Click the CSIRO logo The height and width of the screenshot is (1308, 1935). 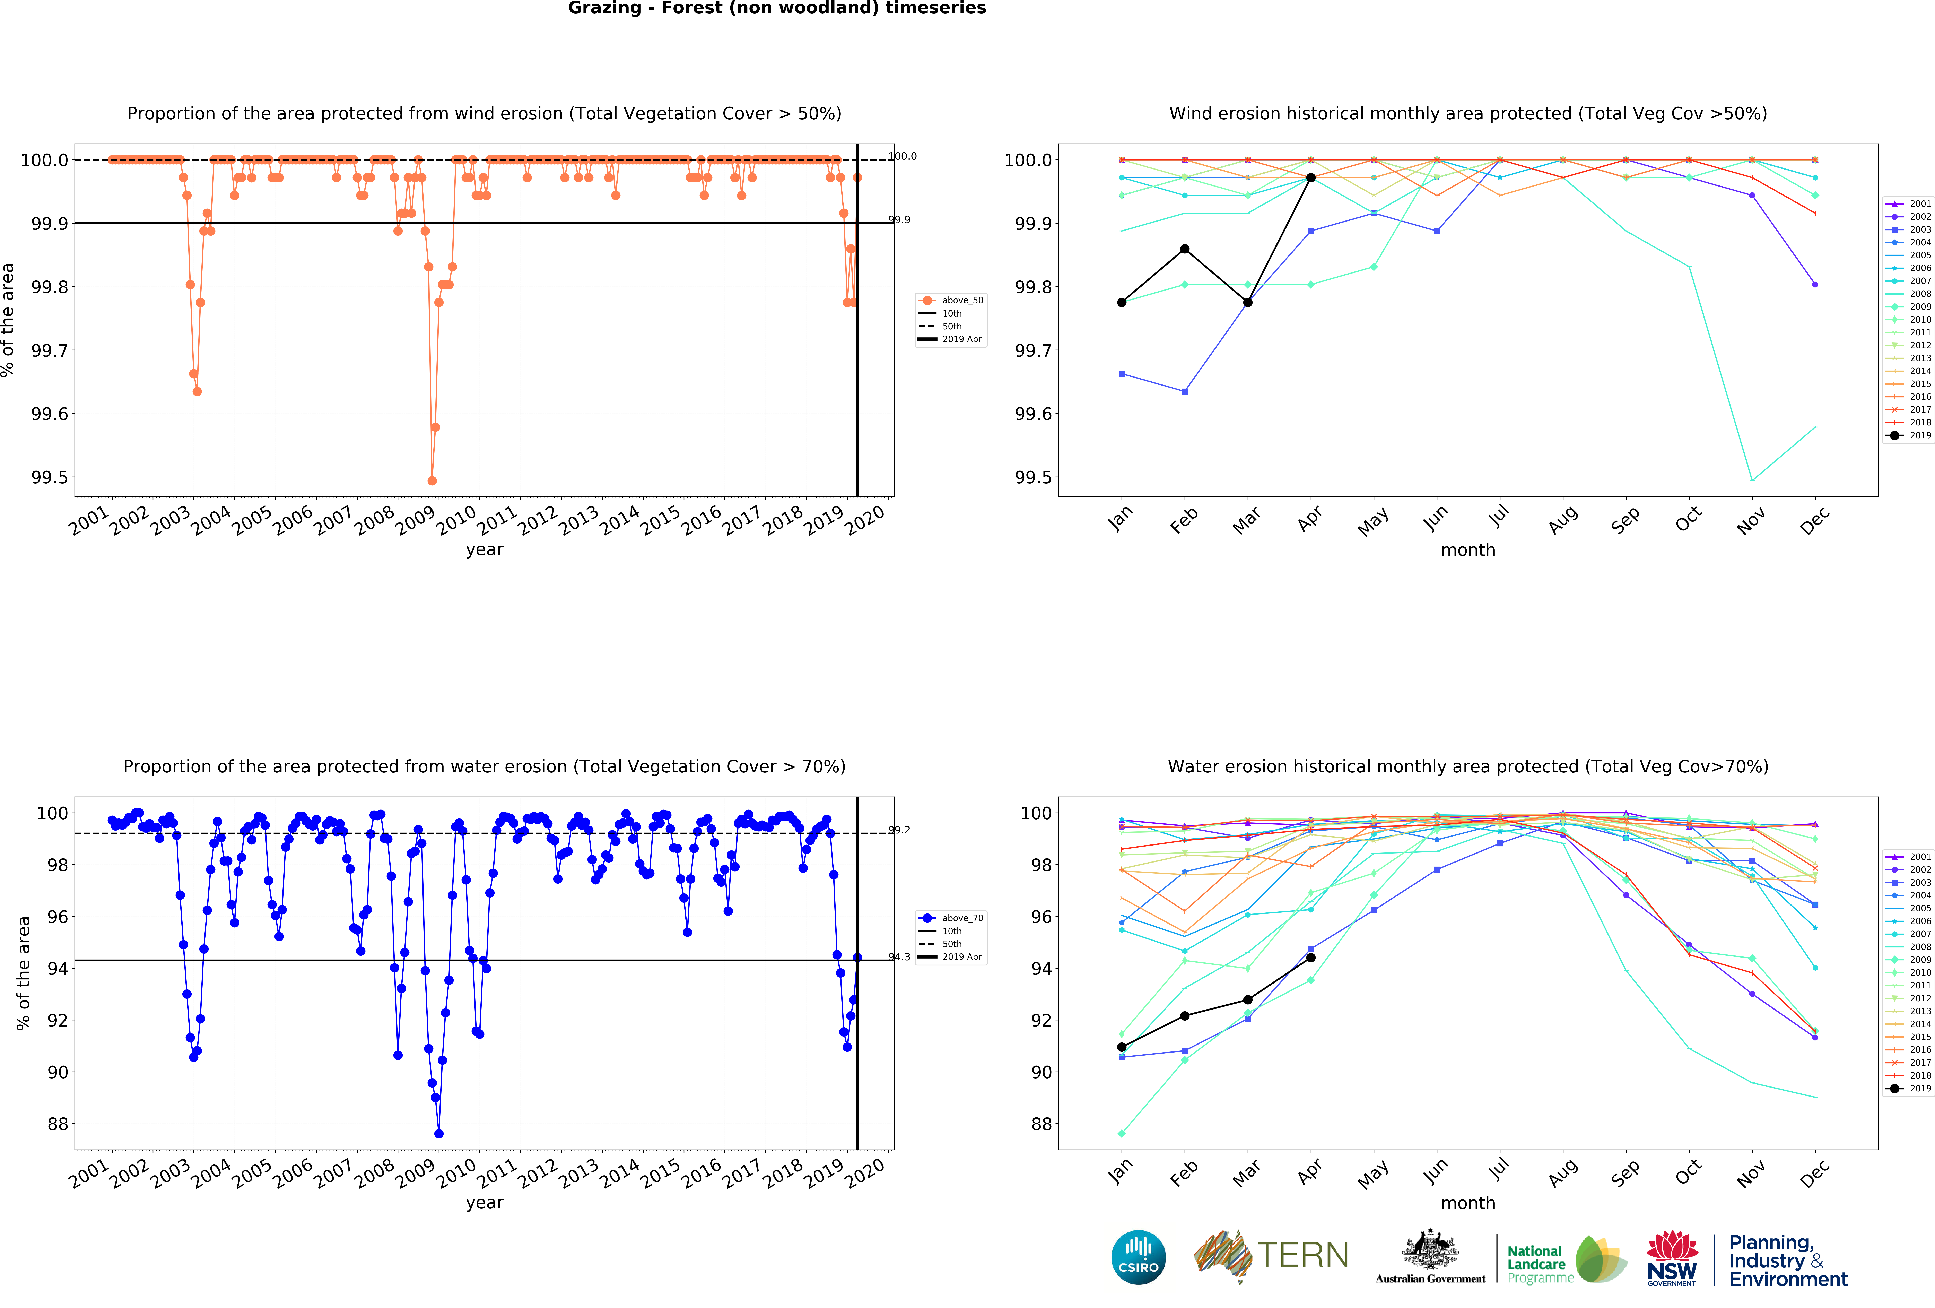click(1138, 1256)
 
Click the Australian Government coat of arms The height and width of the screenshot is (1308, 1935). click(1430, 1249)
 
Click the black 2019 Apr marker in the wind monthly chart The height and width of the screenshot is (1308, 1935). click(1310, 177)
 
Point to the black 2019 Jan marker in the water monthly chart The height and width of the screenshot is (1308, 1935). click(1122, 1047)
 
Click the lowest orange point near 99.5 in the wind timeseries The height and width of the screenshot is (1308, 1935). click(431, 480)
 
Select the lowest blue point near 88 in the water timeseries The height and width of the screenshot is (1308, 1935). click(439, 1133)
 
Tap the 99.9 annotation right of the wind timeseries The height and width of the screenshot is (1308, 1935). click(899, 220)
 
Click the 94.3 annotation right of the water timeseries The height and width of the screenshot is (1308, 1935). click(899, 957)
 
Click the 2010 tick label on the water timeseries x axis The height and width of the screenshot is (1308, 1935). click(456, 1172)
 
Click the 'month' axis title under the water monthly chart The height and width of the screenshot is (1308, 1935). click(1468, 1202)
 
